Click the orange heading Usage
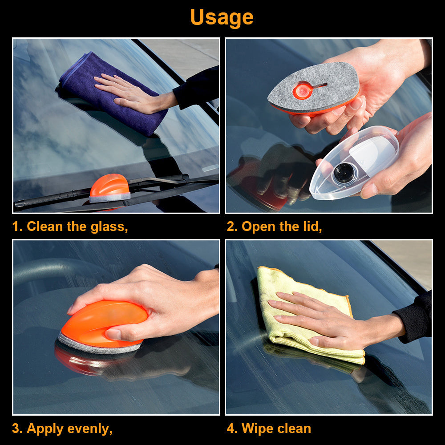pyautogui.click(x=222, y=18)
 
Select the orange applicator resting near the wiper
pyautogui.click(x=110, y=188)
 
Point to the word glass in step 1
pyautogui.click(x=109, y=227)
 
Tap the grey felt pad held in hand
pyautogui.click(x=314, y=87)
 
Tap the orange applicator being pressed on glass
pyautogui.click(x=104, y=326)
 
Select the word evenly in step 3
pyautogui.click(x=90, y=429)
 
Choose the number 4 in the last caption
pyautogui.click(x=231, y=429)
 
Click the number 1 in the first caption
pyautogui.click(x=16, y=227)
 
